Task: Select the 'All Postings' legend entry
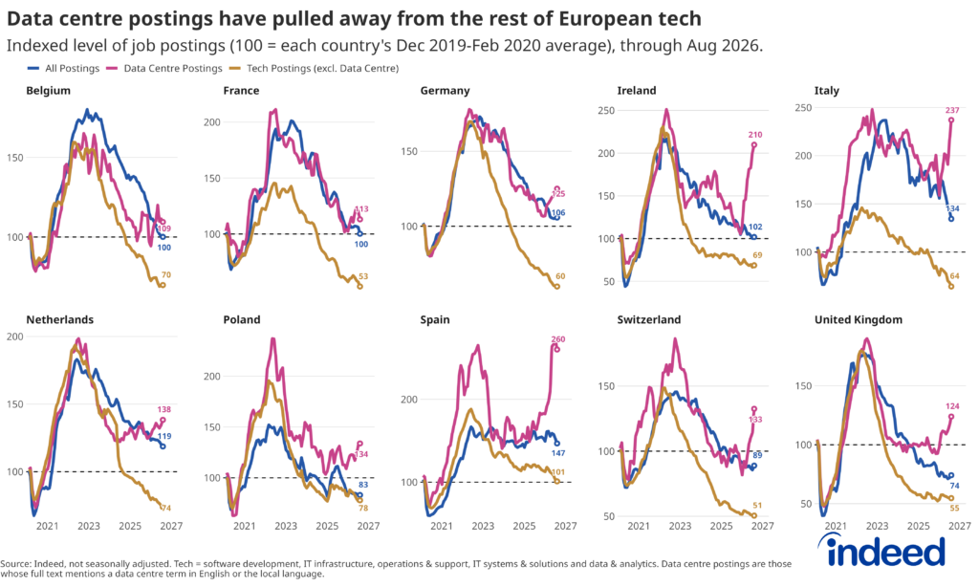(64, 68)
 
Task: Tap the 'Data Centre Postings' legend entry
(164, 68)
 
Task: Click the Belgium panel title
(48, 91)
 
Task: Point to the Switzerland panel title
(649, 319)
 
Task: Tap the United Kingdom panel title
(858, 319)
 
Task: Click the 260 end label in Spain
(557, 339)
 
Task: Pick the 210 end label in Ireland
(755, 134)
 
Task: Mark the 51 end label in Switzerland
(757, 505)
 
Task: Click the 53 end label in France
(363, 276)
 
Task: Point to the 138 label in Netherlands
(163, 409)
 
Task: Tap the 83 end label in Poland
(362, 485)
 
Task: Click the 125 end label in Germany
(558, 194)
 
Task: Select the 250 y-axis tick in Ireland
(606, 111)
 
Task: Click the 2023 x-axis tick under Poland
(285, 526)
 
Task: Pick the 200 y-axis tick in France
(212, 121)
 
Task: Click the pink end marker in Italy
(951, 120)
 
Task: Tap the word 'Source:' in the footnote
(15, 563)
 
